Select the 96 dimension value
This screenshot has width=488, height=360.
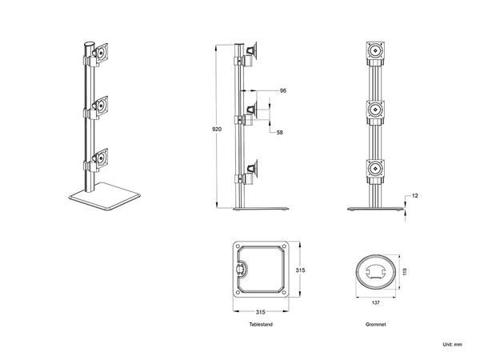click(x=283, y=90)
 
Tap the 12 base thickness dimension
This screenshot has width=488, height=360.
click(x=416, y=195)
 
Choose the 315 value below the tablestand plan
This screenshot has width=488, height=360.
click(x=260, y=311)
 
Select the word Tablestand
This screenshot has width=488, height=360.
click(x=260, y=326)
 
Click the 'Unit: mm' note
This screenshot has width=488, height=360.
click(x=452, y=344)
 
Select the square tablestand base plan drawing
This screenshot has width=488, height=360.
click(x=260, y=270)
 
